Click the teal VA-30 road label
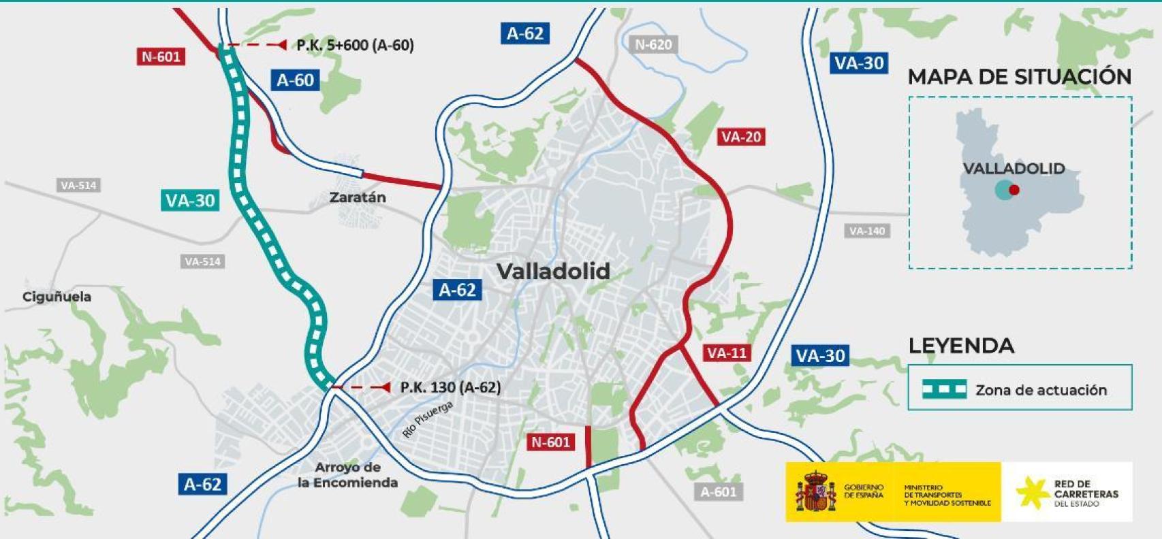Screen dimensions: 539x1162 click(190, 200)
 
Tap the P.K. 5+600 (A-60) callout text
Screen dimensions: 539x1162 click(355, 45)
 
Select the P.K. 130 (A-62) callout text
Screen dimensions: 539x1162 click(450, 387)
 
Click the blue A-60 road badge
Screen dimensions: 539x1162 click(295, 80)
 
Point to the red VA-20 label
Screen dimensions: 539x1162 click(741, 137)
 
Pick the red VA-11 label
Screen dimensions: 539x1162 click(727, 353)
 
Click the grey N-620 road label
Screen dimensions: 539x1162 click(653, 45)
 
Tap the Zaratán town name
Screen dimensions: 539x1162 click(358, 197)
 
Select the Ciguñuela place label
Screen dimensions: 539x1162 click(57, 297)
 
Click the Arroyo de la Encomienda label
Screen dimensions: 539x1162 click(347, 475)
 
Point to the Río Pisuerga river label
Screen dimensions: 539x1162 click(428, 419)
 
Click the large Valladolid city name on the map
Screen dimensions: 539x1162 click(553, 272)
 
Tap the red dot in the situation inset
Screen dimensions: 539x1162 click(1014, 190)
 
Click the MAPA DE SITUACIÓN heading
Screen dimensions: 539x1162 click(1019, 77)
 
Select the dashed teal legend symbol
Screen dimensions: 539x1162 click(944, 389)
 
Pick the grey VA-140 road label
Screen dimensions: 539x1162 click(866, 231)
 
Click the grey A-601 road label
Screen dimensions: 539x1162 click(718, 491)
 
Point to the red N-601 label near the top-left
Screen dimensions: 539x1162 click(161, 56)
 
